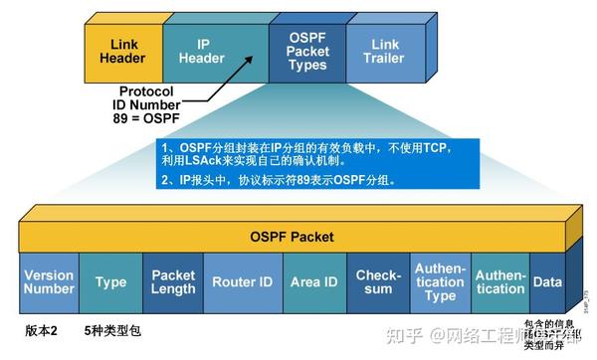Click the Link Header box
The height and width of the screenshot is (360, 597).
pyautogui.click(x=122, y=51)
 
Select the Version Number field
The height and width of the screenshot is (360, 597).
pyautogui.click(x=49, y=281)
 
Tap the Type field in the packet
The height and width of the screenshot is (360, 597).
pyautogui.click(x=110, y=282)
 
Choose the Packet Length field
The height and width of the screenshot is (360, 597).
pyautogui.click(x=173, y=282)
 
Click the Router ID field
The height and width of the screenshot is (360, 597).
pyautogui.click(x=242, y=282)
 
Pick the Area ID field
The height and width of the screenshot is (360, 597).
pyautogui.click(x=314, y=282)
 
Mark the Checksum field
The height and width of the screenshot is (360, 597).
pyautogui.click(x=377, y=282)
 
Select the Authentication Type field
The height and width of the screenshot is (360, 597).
pyautogui.click(x=440, y=282)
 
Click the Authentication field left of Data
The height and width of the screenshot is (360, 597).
pyautogui.click(x=499, y=282)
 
